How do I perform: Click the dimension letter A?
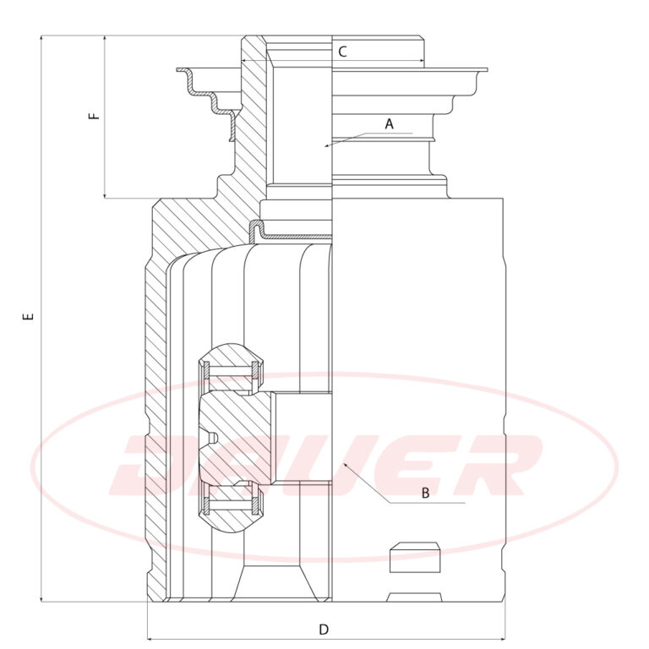coord(389,123)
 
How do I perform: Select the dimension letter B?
coord(426,493)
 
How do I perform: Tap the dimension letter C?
coord(342,52)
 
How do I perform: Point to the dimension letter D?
coord(324,630)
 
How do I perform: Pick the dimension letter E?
coord(28,317)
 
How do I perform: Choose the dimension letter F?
coord(95,116)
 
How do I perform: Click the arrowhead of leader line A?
coord(327,145)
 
